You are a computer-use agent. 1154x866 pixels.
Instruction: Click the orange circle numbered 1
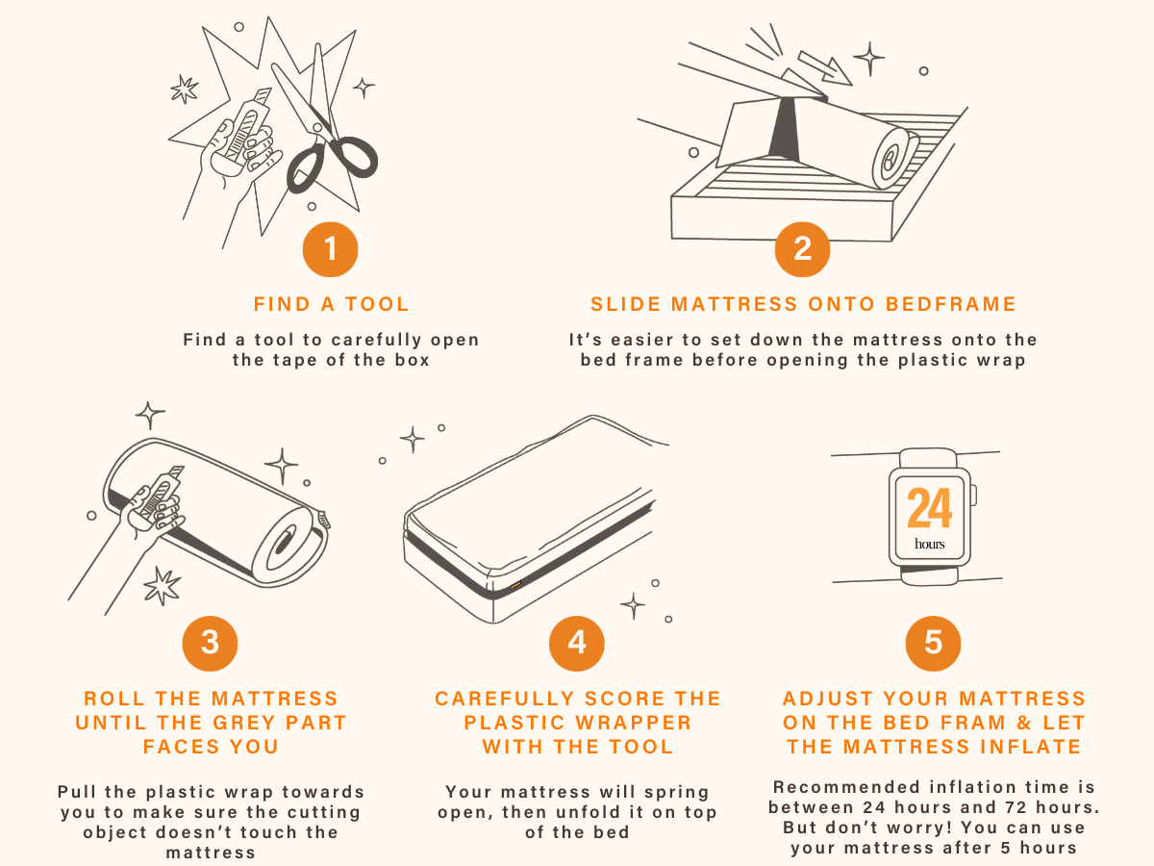[330, 249]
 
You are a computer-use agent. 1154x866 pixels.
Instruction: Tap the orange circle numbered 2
[802, 249]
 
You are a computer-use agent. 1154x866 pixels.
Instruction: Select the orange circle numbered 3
[210, 643]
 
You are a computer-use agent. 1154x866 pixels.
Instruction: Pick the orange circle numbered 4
[577, 643]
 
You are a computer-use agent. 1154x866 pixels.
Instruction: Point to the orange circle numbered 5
[933, 643]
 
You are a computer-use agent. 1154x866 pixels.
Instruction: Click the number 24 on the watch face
[930, 507]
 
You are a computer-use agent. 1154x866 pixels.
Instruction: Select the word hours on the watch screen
[930, 544]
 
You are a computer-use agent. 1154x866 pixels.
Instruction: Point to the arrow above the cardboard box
[824, 67]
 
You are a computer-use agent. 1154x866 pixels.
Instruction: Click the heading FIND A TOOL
[331, 304]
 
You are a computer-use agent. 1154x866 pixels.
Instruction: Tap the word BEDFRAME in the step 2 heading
[950, 304]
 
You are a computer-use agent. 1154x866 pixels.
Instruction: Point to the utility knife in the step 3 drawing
[157, 495]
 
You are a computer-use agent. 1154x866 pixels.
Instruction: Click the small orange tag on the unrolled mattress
[515, 584]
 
